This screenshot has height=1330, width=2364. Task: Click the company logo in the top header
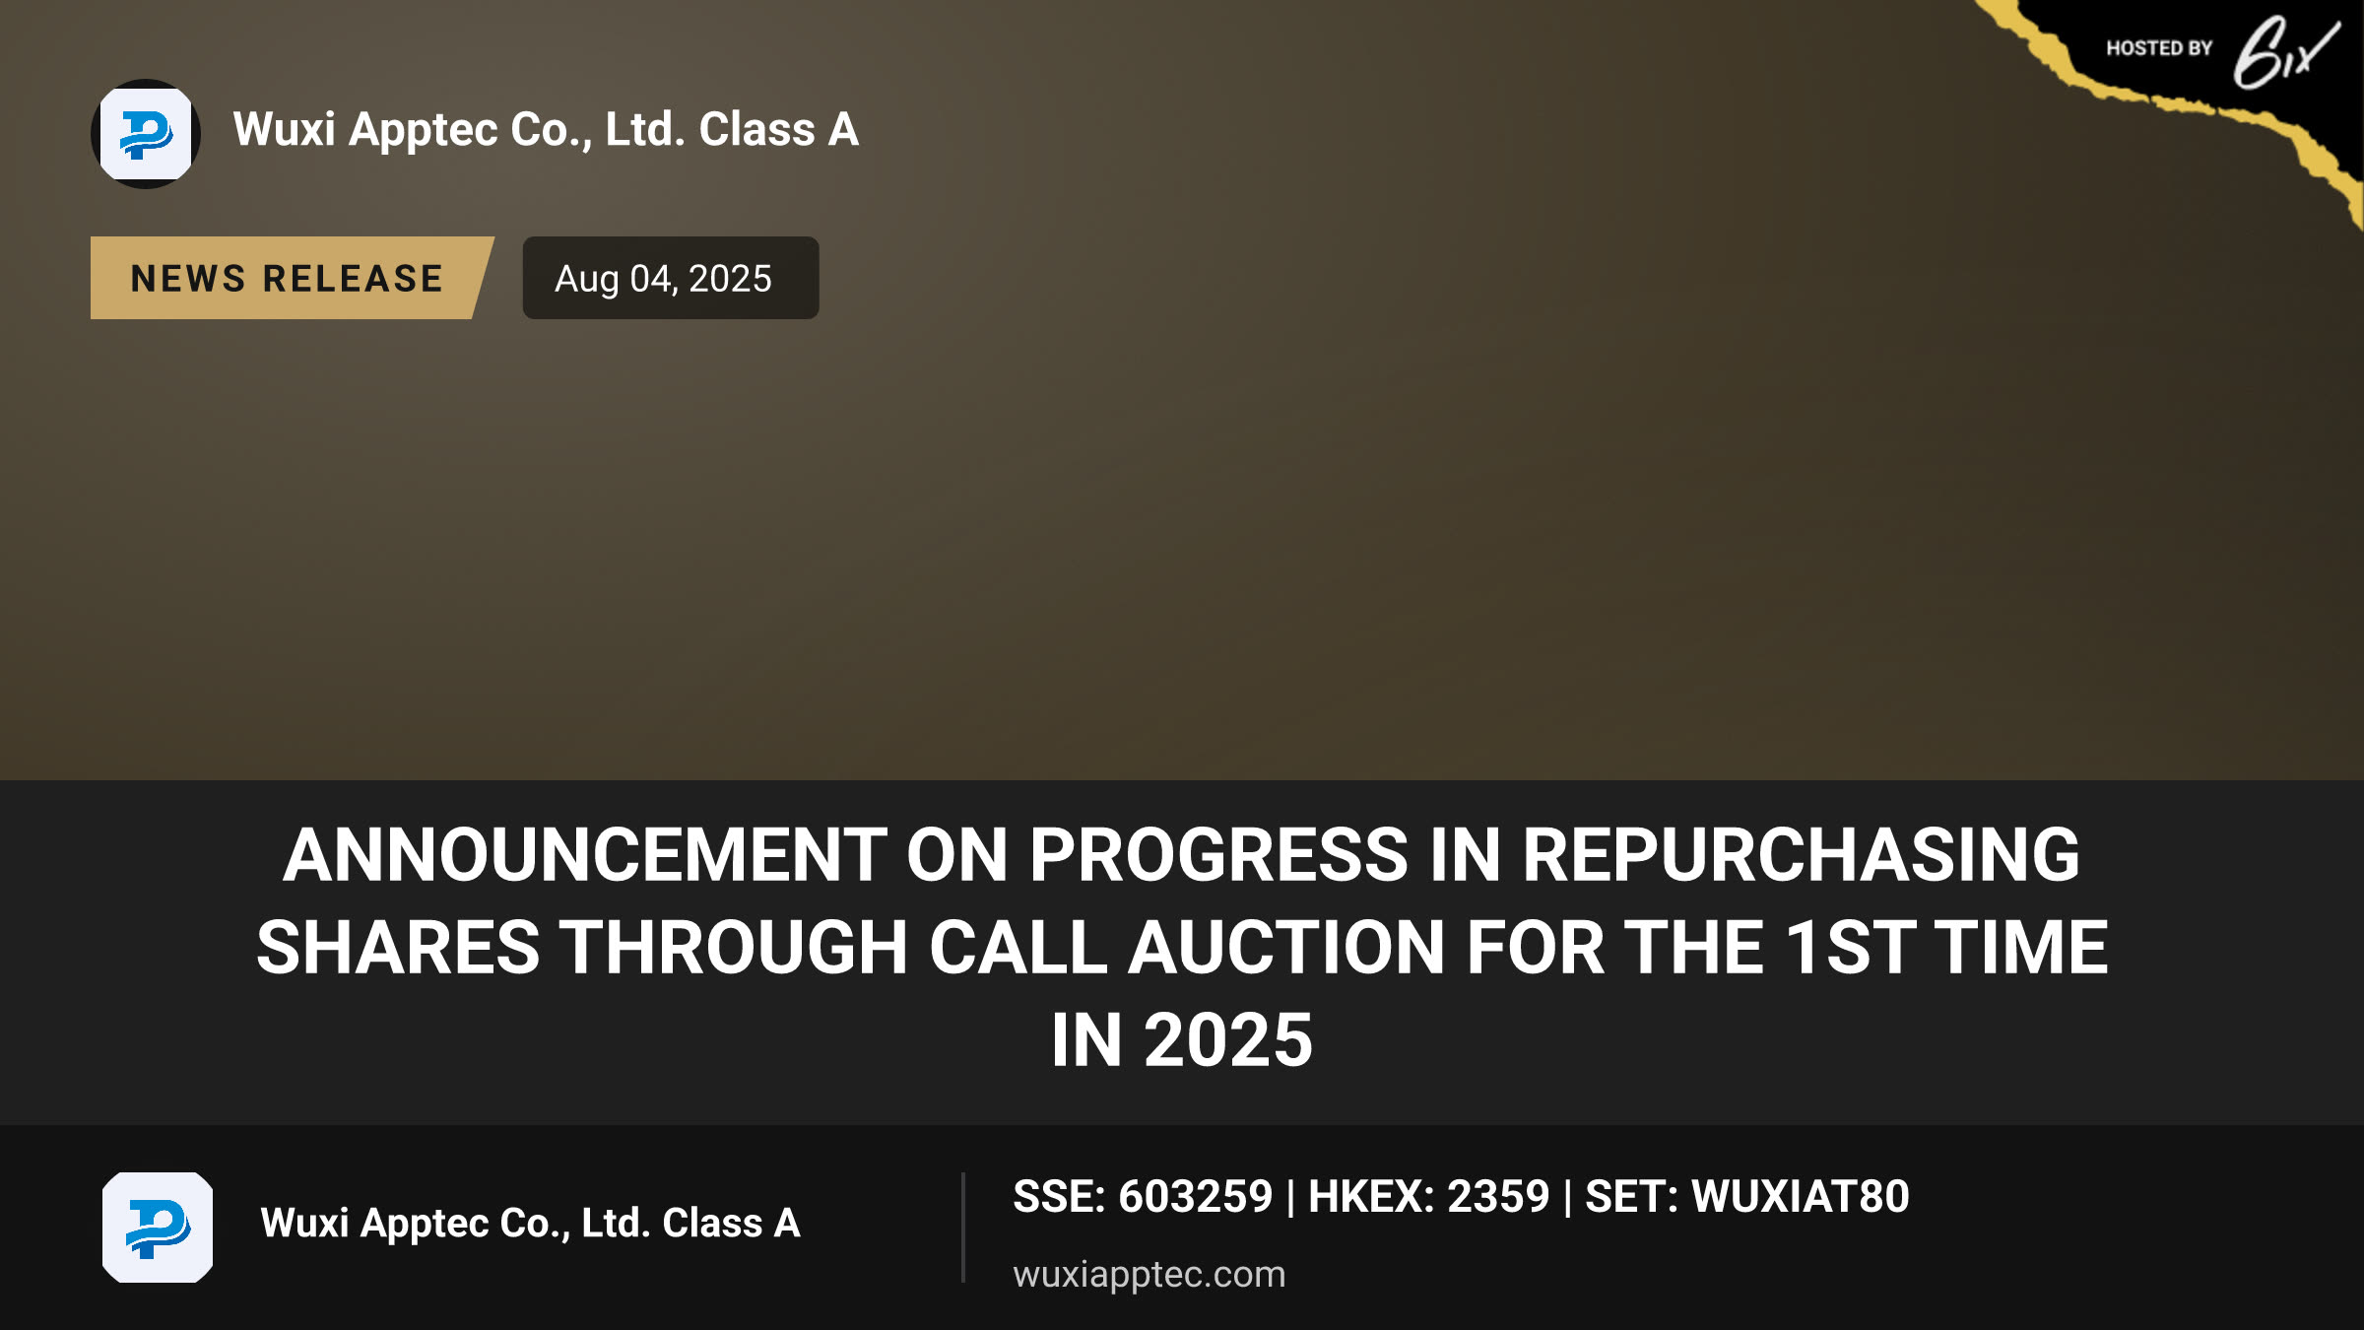(x=146, y=134)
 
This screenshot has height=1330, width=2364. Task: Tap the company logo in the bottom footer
(x=158, y=1228)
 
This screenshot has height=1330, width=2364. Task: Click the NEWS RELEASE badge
(x=288, y=278)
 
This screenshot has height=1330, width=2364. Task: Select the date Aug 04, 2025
(x=663, y=279)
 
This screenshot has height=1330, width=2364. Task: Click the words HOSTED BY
(x=2159, y=48)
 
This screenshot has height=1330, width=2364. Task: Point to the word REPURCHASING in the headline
(x=1801, y=854)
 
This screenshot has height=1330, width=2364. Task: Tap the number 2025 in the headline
(x=1227, y=1039)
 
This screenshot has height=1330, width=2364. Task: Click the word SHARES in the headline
(x=398, y=947)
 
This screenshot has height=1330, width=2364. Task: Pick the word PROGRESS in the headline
(x=1219, y=854)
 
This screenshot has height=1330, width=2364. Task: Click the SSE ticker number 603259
(x=1195, y=1197)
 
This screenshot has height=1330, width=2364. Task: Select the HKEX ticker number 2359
(x=1498, y=1197)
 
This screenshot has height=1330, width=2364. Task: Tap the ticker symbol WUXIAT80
(x=1801, y=1197)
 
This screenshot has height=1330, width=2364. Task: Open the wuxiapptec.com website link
(x=1149, y=1275)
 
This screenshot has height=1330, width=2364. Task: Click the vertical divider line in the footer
(x=963, y=1228)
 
